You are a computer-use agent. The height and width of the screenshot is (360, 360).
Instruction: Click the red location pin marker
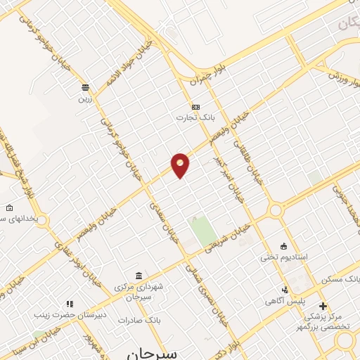(181, 164)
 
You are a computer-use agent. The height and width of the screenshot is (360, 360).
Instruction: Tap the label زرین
(84, 99)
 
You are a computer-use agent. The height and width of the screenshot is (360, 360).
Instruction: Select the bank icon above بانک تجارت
(195, 107)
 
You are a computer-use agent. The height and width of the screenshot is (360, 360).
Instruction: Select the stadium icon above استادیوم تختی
(283, 246)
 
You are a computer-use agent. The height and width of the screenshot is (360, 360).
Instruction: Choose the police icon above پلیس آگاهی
(285, 290)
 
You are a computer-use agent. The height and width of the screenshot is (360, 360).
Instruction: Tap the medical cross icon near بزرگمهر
(323, 306)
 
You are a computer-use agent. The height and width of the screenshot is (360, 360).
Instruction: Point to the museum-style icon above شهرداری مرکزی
(139, 275)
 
